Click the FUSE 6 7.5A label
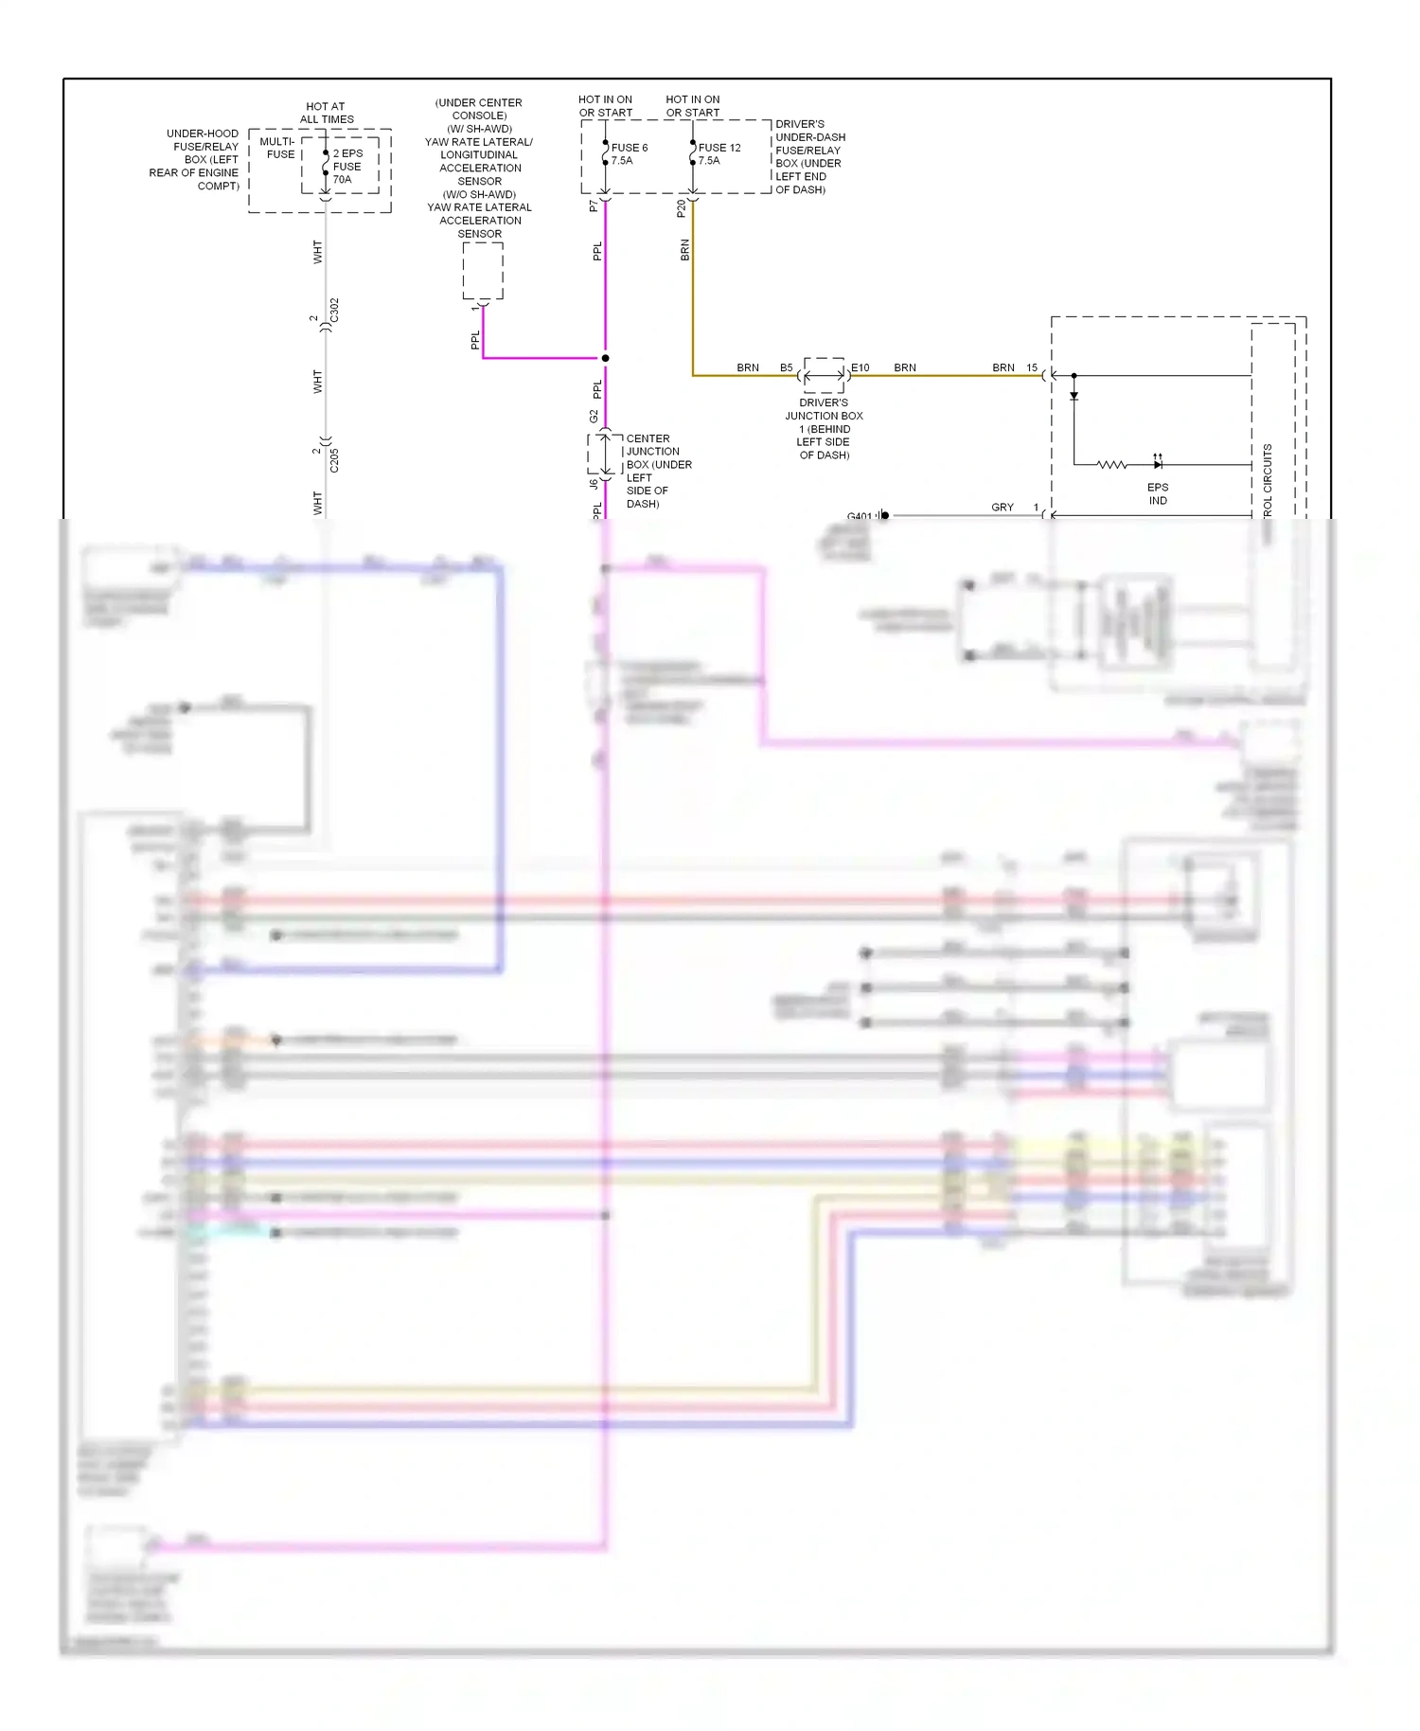[x=629, y=153]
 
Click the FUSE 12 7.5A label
[x=719, y=153]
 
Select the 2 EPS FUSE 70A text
[x=347, y=166]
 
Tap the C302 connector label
[x=334, y=311]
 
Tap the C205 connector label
[x=334, y=460]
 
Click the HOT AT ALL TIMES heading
[x=327, y=113]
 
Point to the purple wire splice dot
[x=605, y=358]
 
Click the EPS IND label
[x=1158, y=493]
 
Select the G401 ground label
[x=860, y=516]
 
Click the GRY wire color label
[x=1002, y=508]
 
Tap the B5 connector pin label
[x=786, y=367]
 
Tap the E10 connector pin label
[x=860, y=367]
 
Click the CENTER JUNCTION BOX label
[x=658, y=471]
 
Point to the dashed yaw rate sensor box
[x=483, y=271]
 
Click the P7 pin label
[x=594, y=205]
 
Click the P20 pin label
[x=681, y=208]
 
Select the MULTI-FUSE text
[x=277, y=148]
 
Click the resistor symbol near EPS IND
[x=1111, y=465]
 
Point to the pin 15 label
[x=1032, y=367]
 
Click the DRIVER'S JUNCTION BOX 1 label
[x=824, y=428]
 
